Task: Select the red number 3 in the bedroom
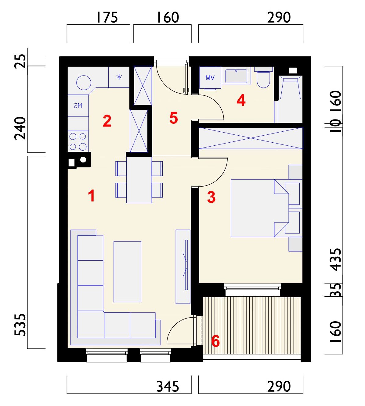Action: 211,197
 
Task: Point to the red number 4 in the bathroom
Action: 241,100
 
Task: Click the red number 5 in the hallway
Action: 174,118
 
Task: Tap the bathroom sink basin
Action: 237,76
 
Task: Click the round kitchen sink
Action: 84,83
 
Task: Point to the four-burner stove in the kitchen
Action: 78,141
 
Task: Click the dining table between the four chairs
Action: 139,180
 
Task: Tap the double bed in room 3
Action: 260,208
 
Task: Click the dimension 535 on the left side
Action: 20,325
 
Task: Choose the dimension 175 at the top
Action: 107,17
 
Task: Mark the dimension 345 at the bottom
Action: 168,386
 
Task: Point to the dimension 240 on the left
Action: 20,128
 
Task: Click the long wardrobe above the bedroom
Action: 251,138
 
